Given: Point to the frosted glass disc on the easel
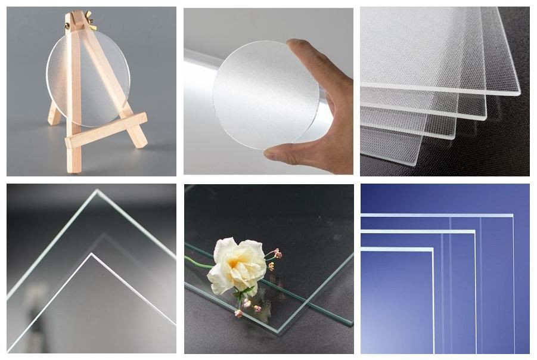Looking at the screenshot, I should point(89,77).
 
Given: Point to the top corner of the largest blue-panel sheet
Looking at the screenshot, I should point(512,215).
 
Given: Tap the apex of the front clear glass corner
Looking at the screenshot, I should point(92,256).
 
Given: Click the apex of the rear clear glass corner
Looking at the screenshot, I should point(97,192).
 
